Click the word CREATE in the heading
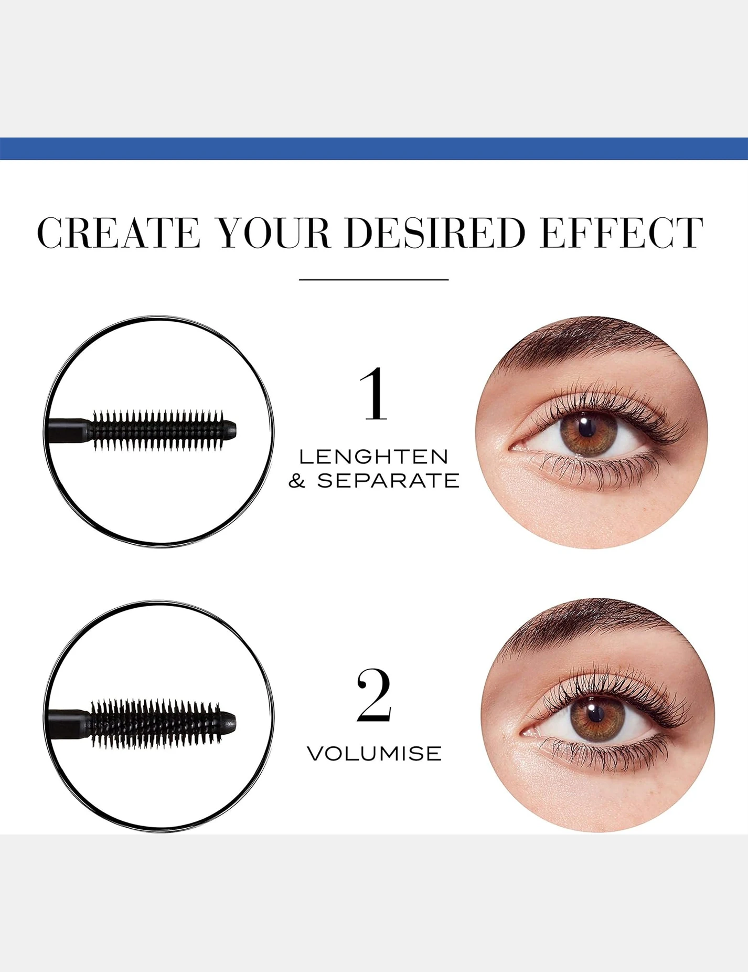coord(119,232)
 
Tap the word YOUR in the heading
coord(274,232)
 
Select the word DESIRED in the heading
coord(435,232)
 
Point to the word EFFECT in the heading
coord(622,232)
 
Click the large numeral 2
coord(374,695)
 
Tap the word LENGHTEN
coord(374,457)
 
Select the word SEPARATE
coord(388,480)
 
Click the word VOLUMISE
coord(374,754)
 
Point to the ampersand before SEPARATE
coord(297,480)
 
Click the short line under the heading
coord(374,280)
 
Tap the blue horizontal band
coord(374,149)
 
